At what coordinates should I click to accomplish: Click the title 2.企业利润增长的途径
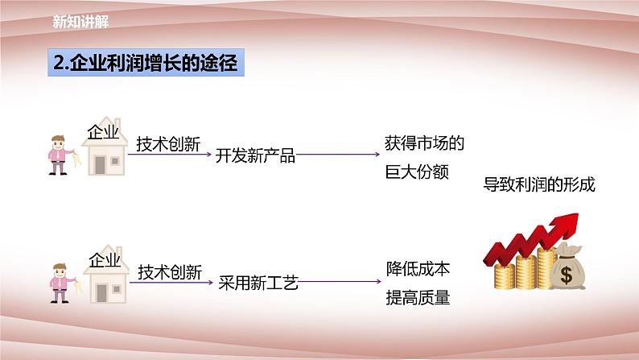142,64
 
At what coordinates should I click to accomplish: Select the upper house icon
105,157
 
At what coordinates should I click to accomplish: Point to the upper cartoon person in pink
59,153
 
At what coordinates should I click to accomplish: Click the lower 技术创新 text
169,270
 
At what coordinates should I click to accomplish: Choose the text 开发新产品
256,156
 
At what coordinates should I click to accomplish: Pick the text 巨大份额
416,172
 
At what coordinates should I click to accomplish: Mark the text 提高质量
416,297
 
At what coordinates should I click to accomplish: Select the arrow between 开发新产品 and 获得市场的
338,155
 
